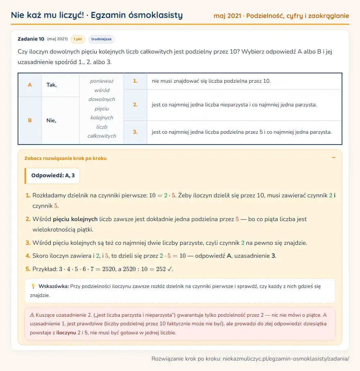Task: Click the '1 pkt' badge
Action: (78, 39)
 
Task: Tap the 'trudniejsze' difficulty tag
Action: (101, 39)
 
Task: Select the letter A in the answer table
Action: (30, 85)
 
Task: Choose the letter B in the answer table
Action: (30, 120)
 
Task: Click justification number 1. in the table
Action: (135, 81)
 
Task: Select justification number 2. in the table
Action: (135, 105)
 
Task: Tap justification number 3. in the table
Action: (135, 132)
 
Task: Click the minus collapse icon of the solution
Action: (334, 158)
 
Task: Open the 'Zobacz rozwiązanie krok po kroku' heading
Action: (65, 158)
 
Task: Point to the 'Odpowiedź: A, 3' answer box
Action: (52, 176)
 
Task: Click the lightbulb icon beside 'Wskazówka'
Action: (34, 286)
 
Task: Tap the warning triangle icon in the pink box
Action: (32, 315)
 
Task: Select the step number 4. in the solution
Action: (28, 256)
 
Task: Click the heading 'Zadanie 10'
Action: (31, 39)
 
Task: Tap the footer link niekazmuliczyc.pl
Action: (286, 359)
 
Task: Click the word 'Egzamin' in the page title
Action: (108, 15)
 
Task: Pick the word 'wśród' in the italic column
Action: (102, 90)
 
